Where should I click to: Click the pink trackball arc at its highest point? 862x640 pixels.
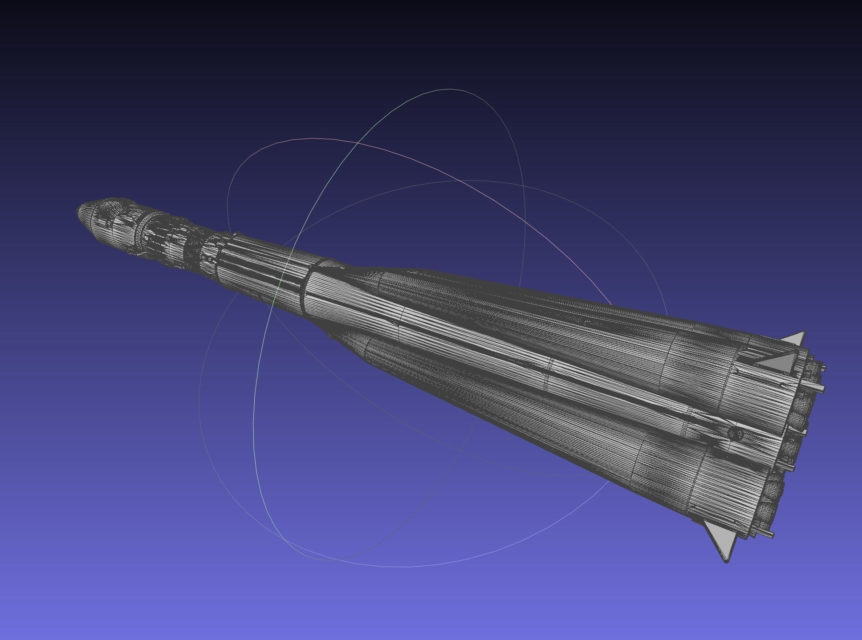coord(312,138)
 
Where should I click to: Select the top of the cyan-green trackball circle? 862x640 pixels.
coord(450,89)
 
